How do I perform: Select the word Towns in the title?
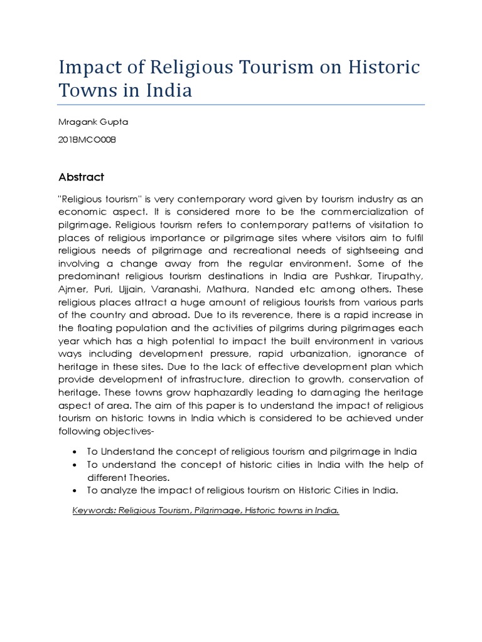tap(85, 90)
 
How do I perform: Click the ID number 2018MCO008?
tap(87, 140)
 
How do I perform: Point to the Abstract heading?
tap(82, 177)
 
